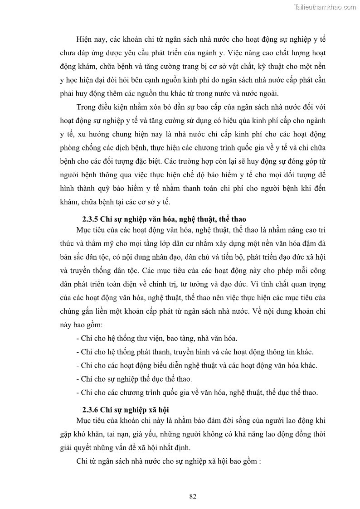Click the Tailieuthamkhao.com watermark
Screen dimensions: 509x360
(x=325, y=7)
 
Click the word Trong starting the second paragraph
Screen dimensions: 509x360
(x=87, y=107)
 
